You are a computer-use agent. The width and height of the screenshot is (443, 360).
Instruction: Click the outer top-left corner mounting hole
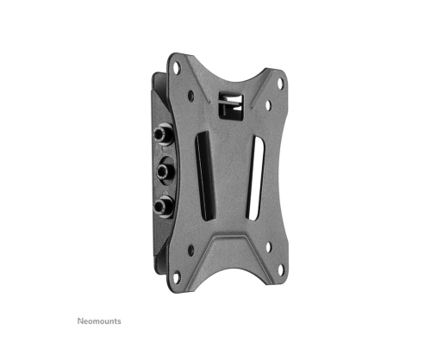tap(177, 69)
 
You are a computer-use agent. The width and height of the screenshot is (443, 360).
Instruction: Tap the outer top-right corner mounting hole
tap(280, 83)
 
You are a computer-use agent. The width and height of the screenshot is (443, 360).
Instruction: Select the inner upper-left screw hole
tap(190, 96)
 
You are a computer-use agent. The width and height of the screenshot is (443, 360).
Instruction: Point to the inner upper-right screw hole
tap(268, 105)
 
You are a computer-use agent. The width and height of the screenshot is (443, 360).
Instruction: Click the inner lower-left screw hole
tap(191, 250)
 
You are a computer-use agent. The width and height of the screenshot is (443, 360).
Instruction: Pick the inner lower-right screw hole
tap(269, 247)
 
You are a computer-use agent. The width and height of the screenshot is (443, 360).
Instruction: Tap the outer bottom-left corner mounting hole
tap(177, 277)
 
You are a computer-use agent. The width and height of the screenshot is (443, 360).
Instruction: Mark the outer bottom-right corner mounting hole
tap(280, 270)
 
